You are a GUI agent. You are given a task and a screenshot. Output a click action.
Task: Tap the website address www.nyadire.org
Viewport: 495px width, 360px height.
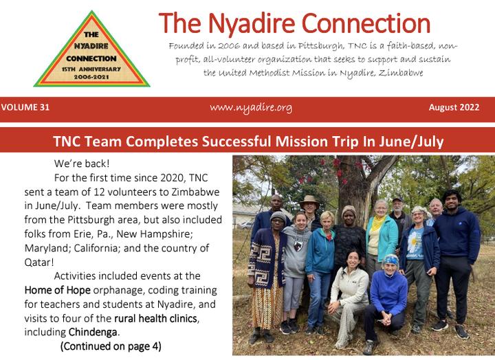click(x=251, y=108)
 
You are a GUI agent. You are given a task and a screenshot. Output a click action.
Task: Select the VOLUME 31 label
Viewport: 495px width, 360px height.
click(x=25, y=107)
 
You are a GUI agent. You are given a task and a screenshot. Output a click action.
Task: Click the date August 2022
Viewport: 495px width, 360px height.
click(x=454, y=107)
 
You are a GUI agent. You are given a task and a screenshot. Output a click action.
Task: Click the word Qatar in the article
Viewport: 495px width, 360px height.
click(x=38, y=262)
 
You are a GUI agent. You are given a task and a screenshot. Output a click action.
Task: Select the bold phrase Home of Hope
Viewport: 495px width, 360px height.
click(x=58, y=290)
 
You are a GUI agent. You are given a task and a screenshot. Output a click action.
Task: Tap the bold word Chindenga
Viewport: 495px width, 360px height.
click(x=93, y=332)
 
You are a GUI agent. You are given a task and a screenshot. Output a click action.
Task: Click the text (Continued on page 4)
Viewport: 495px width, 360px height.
click(x=111, y=346)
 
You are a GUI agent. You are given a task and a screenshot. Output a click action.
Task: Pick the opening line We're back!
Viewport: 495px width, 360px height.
click(x=82, y=164)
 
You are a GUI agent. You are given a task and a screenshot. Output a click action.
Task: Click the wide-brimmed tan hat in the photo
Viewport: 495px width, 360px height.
click(x=309, y=201)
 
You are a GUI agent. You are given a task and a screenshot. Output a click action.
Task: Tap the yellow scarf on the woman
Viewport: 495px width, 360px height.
click(x=379, y=222)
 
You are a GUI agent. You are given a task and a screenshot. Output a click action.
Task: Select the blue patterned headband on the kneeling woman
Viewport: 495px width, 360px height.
click(x=391, y=260)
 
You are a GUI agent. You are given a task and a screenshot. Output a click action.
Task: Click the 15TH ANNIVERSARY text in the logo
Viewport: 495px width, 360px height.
click(x=91, y=69)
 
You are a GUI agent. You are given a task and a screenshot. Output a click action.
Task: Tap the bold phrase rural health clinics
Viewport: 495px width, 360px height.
click(x=156, y=318)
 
